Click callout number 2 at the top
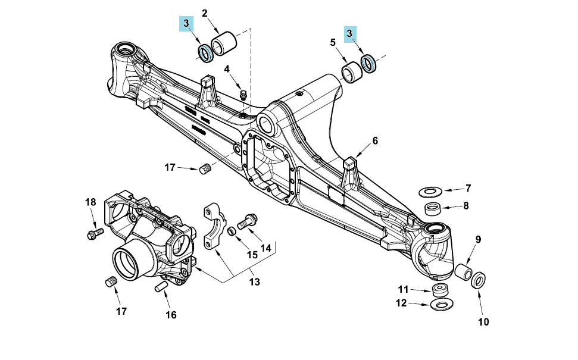[x=205, y=13]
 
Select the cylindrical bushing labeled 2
[x=223, y=43]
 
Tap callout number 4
[x=227, y=69]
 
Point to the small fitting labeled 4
[x=243, y=95]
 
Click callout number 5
[x=333, y=42]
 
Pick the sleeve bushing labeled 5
[x=352, y=72]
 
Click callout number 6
[x=375, y=140]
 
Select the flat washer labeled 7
[x=430, y=192]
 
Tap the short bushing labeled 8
[x=433, y=208]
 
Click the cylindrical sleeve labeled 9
[x=463, y=271]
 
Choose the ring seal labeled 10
[x=479, y=281]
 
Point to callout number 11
[x=403, y=289]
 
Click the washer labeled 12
[x=442, y=304]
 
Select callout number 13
[x=254, y=282]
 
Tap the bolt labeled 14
[x=247, y=222]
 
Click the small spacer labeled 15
[x=231, y=231]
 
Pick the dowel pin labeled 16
[x=162, y=286]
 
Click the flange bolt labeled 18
[x=95, y=233]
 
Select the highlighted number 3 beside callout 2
[x=186, y=23]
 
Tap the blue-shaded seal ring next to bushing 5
[x=368, y=64]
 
